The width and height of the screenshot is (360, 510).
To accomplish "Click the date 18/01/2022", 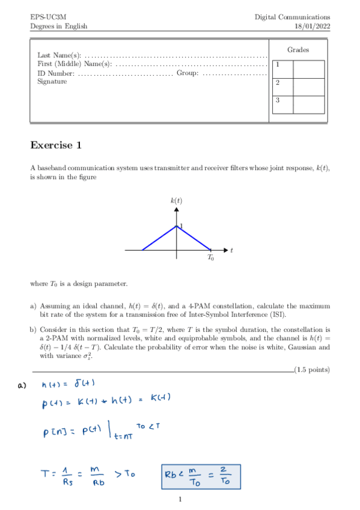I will (311, 26).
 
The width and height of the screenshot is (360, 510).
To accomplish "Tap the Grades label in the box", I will (298, 50).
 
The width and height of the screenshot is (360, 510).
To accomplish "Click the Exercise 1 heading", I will (56, 145).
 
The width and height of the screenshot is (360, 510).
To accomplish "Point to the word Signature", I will (52, 82).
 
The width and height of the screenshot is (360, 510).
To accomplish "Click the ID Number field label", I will (56, 73).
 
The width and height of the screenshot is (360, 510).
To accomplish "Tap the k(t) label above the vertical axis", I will (176, 200).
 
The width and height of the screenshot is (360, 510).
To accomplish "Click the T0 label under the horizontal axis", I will (210, 257).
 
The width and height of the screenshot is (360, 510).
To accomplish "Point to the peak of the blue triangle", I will (177, 227).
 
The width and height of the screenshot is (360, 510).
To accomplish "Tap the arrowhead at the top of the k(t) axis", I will (177, 210).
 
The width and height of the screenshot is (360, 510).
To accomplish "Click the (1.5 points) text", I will (311, 369).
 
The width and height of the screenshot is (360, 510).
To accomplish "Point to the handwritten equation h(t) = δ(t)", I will (69, 384).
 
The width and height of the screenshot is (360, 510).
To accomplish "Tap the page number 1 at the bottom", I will (180, 499).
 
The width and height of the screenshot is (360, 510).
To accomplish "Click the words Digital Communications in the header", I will (292, 17).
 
